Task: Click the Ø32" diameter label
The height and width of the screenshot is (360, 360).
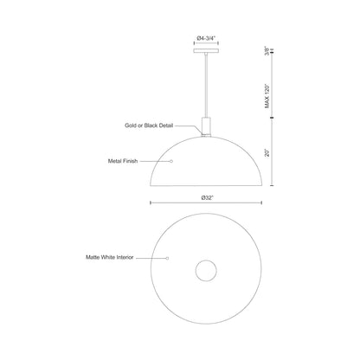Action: tap(207, 198)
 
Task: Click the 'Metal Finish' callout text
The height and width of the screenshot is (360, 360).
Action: tap(144, 161)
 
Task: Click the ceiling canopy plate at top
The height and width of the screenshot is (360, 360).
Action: tap(206, 52)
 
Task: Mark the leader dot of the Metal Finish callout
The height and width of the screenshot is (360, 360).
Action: tap(170, 161)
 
